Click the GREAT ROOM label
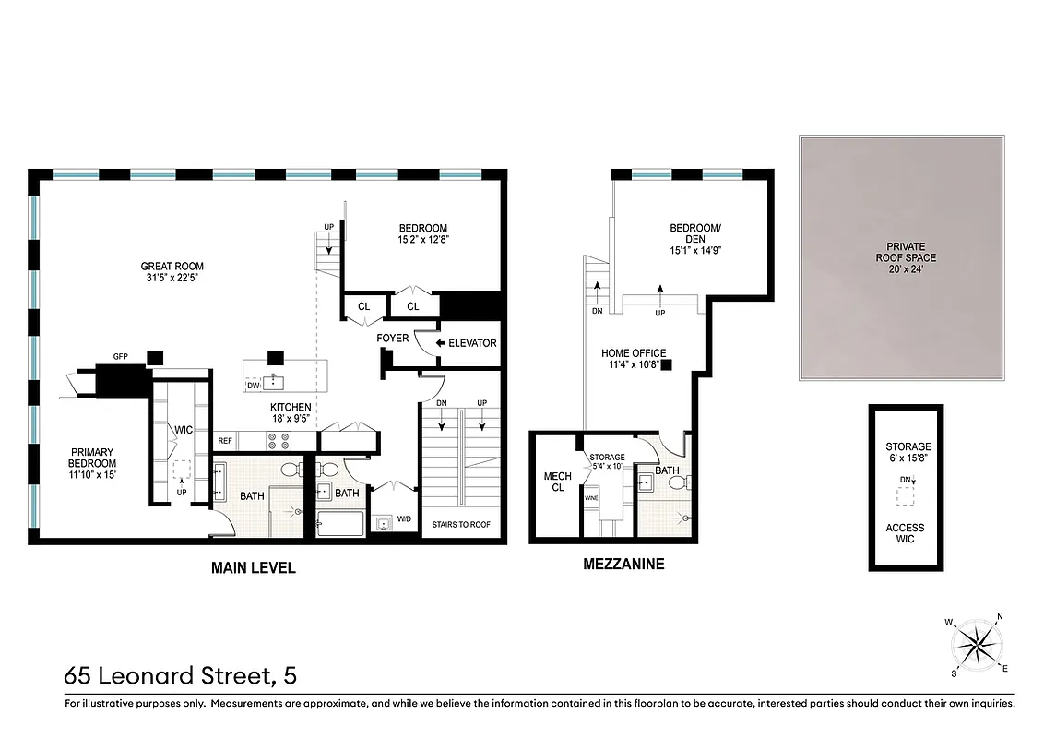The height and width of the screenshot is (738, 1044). click(x=172, y=267)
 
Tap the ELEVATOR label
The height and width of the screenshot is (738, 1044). click(x=472, y=343)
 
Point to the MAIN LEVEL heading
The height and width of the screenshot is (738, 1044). click(x=254, y=568)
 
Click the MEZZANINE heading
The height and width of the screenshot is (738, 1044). click(x=623, y=564)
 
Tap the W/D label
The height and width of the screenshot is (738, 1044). click(x=404, y=519)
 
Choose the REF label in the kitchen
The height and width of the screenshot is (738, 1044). click(x=226, y=441)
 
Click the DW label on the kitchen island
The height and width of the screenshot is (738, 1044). click(x=254, y=385)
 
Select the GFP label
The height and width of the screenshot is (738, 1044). click(x=120, y=356)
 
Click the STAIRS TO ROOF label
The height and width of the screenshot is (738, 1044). click(x=461, y=525)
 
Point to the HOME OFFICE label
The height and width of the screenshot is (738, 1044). click(x=634, y=359)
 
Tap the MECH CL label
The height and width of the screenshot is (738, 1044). click(x=557, y=482)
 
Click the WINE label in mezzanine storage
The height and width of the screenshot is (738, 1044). click(x=591, y=498)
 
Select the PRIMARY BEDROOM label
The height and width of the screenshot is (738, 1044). click(x=93, y=462)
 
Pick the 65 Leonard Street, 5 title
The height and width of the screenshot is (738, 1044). click(x=180, y=676)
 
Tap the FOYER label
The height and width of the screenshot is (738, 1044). click(x=393, y=339)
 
